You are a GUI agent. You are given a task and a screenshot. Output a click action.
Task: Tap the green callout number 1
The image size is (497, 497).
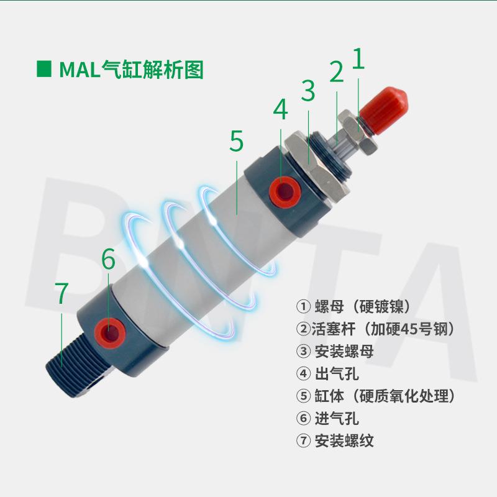coord(359,60)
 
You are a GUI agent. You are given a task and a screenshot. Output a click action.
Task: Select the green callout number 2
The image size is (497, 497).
coord(336,73)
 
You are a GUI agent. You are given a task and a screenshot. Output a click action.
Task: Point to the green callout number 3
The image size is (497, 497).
coord(309,91)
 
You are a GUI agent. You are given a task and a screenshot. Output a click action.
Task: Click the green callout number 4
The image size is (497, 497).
coord(281,110)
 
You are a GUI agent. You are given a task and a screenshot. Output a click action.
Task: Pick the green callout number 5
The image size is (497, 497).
coord(236,141)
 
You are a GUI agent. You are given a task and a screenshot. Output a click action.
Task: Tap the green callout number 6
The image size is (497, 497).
coord(109,260)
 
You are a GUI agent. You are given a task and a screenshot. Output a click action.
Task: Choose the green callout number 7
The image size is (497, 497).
coord(61,294)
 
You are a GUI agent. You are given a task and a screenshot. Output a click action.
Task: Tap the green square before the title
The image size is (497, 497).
coord(44,70)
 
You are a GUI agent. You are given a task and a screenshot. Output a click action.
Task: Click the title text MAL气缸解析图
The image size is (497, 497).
coord(131,70)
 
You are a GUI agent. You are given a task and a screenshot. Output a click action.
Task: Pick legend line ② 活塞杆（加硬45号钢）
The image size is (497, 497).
coord(376,329)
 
